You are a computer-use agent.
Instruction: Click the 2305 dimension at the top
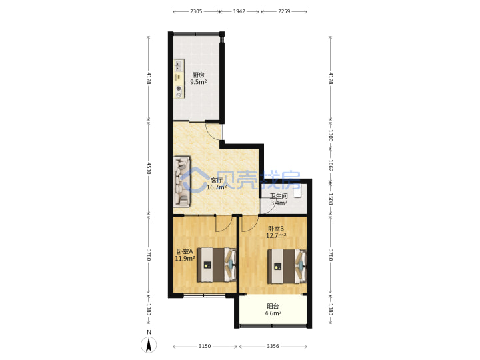pyautogui.click(x=196, y=11)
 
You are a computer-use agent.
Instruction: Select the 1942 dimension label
pyautogui.click(x=239, y=11)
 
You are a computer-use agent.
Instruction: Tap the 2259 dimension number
pyautogui.click(x=284, y=11)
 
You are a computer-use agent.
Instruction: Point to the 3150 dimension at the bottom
pyautogui.click(x=205, y=346)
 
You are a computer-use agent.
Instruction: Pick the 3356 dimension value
pyautogui.click(x=273, y=346)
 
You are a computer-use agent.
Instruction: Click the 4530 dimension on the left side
pyautogui.click(x=149, y=169)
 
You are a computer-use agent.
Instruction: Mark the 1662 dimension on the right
pyautogui.click(x=330, y=165)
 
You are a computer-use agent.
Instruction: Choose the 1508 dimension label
pyautogui.click(x=330, y=199)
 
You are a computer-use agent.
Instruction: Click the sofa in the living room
pyautogui.click(x=182, y=181)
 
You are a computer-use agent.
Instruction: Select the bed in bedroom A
pyautogui.click(x=217, y=265)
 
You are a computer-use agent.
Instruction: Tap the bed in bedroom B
pyautogui.click(x=287, y=266)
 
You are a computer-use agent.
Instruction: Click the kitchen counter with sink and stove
pyautogui.click(x=179, y=79)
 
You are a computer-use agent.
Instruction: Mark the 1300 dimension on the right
pyautogui.click(x=330, y=135)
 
